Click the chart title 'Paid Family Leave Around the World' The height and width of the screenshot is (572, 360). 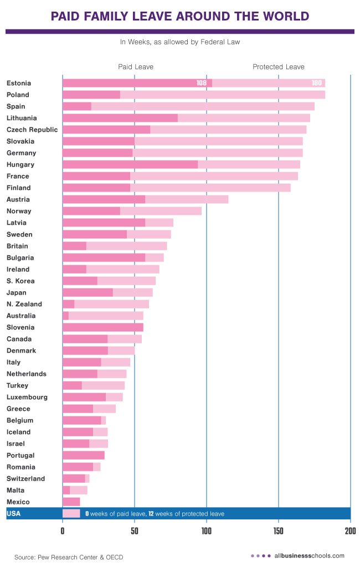click(x=179, y=17)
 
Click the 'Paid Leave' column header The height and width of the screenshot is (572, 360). click(x=136, y=67)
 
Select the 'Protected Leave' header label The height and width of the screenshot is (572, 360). click(x=279, y=67)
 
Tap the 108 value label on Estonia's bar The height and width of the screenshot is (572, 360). click(x=202, y=83)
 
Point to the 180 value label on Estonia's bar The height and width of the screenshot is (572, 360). click(x=317, y=83)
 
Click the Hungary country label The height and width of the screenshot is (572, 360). click(x=20, y=164)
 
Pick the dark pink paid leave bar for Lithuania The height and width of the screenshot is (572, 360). click(x=120, y=118)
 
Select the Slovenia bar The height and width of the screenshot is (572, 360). click(x=102, y=327)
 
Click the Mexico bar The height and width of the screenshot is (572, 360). click(x=71, y=502)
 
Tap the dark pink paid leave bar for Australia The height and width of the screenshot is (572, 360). click(x=65, y=316)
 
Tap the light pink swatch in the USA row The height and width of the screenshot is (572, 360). click(x=71, y=514)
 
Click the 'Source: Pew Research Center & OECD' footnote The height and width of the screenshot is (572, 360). click(x=69, y=556)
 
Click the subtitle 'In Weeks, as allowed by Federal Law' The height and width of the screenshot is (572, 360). click(x=179, y=42)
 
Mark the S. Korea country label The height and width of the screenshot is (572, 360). click(x=20, y=281)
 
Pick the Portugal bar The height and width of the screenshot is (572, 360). click(x=83, y=455)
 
